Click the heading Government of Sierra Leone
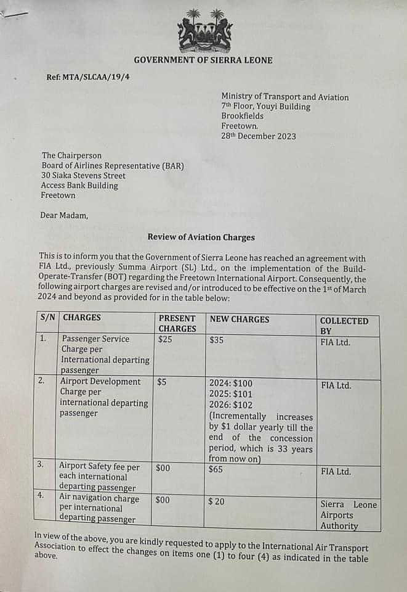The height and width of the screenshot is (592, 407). coord(203,60)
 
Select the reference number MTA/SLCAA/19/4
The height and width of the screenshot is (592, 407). coord(88,77)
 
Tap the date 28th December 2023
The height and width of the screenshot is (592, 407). coord(258,136)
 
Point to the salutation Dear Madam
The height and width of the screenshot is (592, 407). coord(65,215)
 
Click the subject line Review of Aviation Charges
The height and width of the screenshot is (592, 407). coord(201,237)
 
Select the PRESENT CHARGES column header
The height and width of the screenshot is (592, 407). coord(177,324)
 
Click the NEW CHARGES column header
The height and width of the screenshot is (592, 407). coord(240,319)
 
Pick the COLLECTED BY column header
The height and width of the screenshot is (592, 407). coord(344,326)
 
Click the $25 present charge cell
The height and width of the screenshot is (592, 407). coord(165,339)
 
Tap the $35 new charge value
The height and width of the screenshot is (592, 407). coord(217,339)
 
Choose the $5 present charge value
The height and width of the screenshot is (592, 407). coord(162,382)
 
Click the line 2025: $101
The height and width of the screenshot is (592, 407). coord(231,393)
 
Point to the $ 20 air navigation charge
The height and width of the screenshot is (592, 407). coord(216,501)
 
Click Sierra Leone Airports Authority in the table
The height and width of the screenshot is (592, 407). coord(348,515)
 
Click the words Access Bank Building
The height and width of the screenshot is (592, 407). coord(79,186)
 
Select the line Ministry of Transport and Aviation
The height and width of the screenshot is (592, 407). coord(284,97)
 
